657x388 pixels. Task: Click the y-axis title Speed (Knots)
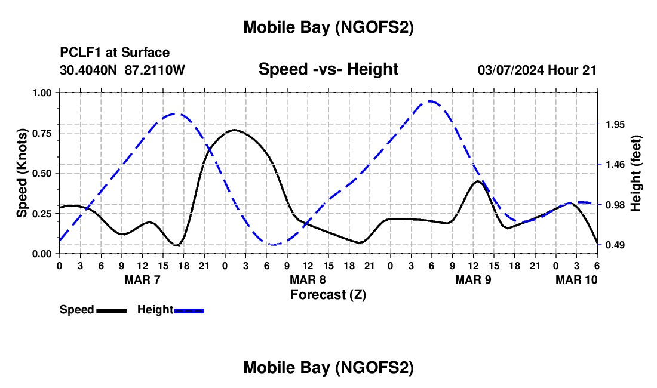pos(22,173)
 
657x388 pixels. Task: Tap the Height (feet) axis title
pos(636,173)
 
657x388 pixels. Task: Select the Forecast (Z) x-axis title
pos(328,294)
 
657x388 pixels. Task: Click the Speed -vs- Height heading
pos(328,69)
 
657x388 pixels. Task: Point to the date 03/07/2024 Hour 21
pos(537,70)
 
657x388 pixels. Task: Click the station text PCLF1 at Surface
pos(115,53)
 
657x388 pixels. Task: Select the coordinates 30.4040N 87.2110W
pos(122,70)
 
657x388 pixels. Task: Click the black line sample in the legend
pos(111,310)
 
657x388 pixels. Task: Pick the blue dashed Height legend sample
pos(189,310)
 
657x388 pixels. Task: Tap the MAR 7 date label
pos(142,279)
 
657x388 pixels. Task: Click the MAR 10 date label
pos(576,279)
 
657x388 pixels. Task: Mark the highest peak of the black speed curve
pos(234,130)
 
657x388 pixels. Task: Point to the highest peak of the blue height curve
pos(430,101)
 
